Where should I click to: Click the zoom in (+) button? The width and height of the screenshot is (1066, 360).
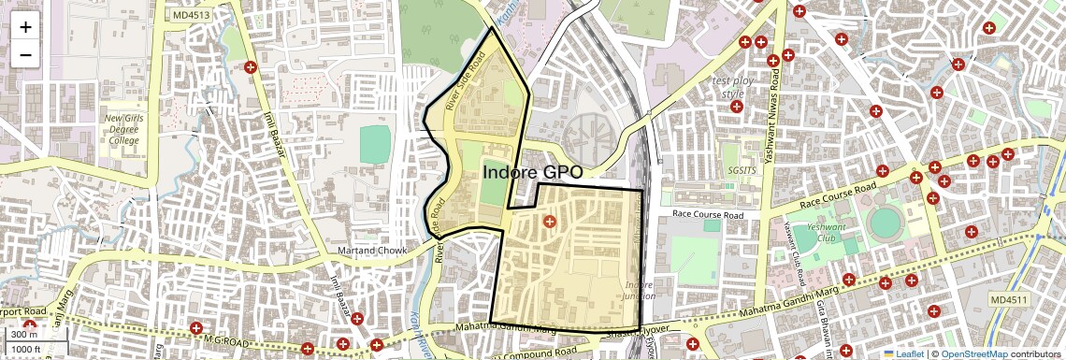tap(25, 26)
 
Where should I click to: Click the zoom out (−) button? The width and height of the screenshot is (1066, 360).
tap(25, 54)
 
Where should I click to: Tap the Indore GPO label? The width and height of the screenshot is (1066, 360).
tap(534, 173)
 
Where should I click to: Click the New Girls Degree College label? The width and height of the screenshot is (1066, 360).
tap(122, 129)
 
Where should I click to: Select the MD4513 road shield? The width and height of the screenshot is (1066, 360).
tap(192, 14)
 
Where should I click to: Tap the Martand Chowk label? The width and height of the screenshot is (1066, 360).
tap(372, 251)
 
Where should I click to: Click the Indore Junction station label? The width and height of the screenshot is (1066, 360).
tap(640, 290)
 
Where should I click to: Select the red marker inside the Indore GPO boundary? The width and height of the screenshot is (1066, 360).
tap(549, 222)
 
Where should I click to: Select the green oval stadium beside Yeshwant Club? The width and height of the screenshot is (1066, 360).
tap(885, 223)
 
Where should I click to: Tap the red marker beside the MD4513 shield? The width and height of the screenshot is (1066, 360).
tap(250, 67)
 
